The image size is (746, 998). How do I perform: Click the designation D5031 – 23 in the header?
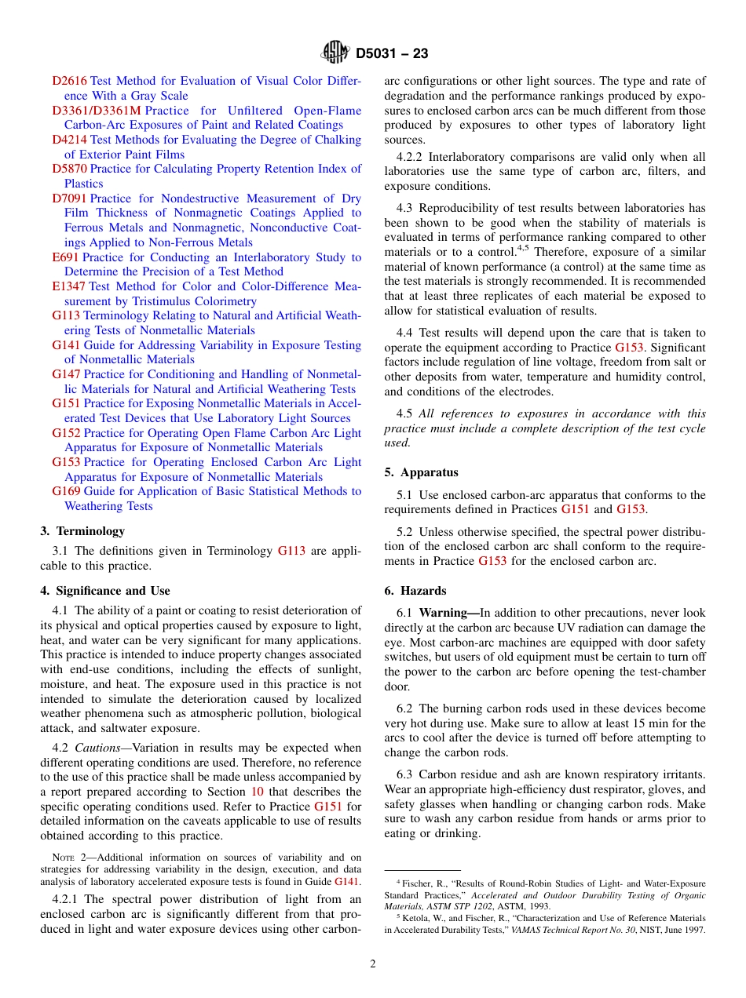pyautogui.click(x=392, y=54)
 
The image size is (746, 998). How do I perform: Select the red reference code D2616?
pyautogui.click(x=69, y=81)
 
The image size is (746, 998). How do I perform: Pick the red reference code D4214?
pyautogui.click(x=69, y=140)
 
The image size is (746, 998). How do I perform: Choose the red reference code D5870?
pyautogui.click(x=69, y=169)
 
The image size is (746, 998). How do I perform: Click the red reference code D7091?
pyautogui.click(x=69, y=199)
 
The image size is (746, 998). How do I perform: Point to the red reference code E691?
pyautogui.click(x=65, y=257)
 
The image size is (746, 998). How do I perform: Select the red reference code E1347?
pyautogui.click(x=68, y=286)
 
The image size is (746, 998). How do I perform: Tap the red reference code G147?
pyautogui.click(x=66, y=374)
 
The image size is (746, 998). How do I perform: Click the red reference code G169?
pyautogui.click(x=66, y=491)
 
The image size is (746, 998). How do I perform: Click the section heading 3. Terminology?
pyautogui.click(x=82, y=531)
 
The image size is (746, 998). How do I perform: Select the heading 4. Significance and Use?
pyautogui.click(x=105, y=591)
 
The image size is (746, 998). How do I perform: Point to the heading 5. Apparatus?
pyautogui.click(x=421, y=472)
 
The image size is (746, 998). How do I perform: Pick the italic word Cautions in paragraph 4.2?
pyautogui.click(x=103, y=748)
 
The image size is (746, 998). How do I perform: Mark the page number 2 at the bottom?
pyautogui.click(x=373, y=964)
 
